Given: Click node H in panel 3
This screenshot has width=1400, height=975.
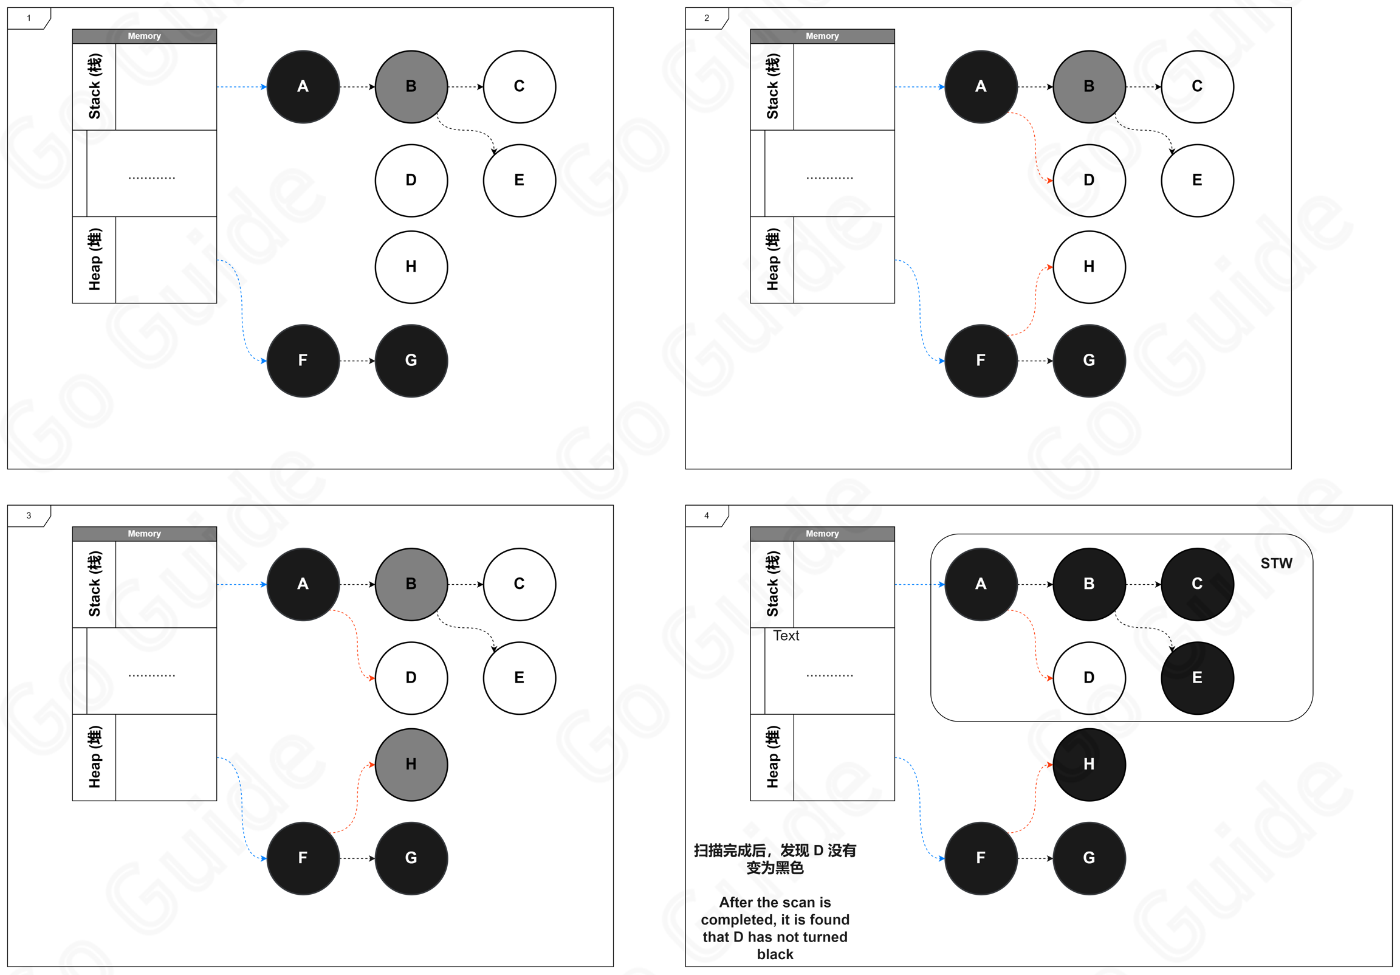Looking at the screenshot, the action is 411,764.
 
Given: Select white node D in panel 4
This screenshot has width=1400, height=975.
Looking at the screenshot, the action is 1089,677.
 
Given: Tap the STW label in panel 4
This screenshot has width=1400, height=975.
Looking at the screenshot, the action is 1276,563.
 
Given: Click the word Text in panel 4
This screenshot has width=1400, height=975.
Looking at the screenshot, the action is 786,635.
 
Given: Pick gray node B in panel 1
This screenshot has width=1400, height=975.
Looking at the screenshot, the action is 411,87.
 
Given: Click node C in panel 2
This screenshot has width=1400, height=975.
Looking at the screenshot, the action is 1198,87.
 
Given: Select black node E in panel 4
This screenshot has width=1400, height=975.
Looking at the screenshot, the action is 1198,677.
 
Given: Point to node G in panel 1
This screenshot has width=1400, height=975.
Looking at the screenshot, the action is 411,360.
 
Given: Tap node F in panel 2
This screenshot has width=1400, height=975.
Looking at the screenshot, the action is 981,360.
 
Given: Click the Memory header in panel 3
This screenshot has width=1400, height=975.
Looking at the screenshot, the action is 145,534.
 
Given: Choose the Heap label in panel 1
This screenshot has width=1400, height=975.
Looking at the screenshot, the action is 95,260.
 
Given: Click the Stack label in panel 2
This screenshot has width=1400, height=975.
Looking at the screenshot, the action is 772,87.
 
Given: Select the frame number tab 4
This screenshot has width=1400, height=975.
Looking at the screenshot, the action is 707,515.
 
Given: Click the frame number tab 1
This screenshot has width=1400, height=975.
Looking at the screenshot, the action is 29,18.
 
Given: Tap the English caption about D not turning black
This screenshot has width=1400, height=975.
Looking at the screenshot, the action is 775,928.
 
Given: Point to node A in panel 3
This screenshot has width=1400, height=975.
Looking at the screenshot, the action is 303,584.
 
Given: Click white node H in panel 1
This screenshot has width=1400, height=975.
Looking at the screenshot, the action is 411,267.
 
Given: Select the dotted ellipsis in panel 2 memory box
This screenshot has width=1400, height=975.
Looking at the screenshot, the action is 830,178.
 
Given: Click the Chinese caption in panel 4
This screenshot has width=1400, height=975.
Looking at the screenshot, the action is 775,858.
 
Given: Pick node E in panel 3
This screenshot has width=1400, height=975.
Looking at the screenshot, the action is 520,677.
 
